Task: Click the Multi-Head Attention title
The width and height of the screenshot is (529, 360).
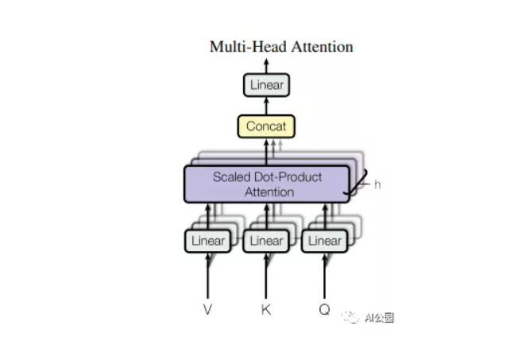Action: (x=281, y=46)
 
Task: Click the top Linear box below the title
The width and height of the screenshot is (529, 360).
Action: (x=266, y=85)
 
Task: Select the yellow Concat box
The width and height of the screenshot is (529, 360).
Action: (x=266, y=126)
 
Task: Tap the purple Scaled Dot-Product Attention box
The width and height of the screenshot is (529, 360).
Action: (x=267, y=184)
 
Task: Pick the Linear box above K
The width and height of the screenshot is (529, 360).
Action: (x=266, y=240)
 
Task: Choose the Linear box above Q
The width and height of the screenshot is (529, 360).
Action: (x=324, y=240)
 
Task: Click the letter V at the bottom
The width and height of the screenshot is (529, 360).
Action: (x=208, y=309)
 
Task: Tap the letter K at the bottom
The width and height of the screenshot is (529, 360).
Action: (x=266, y=309)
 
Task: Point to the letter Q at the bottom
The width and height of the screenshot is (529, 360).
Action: (x=324, y=309)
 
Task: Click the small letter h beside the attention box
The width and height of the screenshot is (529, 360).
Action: (x=378, y=184)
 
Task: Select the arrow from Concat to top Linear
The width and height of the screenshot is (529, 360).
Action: (x=266, y=106)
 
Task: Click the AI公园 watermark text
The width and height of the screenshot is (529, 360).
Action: (x=379, y=318)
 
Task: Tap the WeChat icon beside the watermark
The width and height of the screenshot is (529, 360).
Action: (x=350, y=317)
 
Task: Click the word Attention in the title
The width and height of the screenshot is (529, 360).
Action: (x=322, y=46)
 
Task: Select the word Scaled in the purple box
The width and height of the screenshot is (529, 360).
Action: (x=231, y=176)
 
